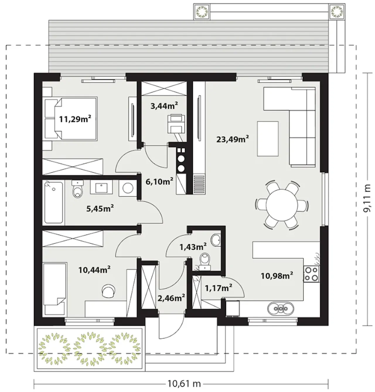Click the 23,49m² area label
233,139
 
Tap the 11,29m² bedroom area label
75,119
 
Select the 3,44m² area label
164,106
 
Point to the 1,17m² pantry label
218,288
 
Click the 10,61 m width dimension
184,384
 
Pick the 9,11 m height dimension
367,198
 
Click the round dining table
282,205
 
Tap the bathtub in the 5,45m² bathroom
53,202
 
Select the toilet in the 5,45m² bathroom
78,189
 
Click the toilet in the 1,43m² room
205,261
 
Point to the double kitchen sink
281,308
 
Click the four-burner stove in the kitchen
311,274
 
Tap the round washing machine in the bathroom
128,188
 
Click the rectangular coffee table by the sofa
268,139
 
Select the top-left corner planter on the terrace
202,11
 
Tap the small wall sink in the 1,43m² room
216,240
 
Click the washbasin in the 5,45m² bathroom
101,187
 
